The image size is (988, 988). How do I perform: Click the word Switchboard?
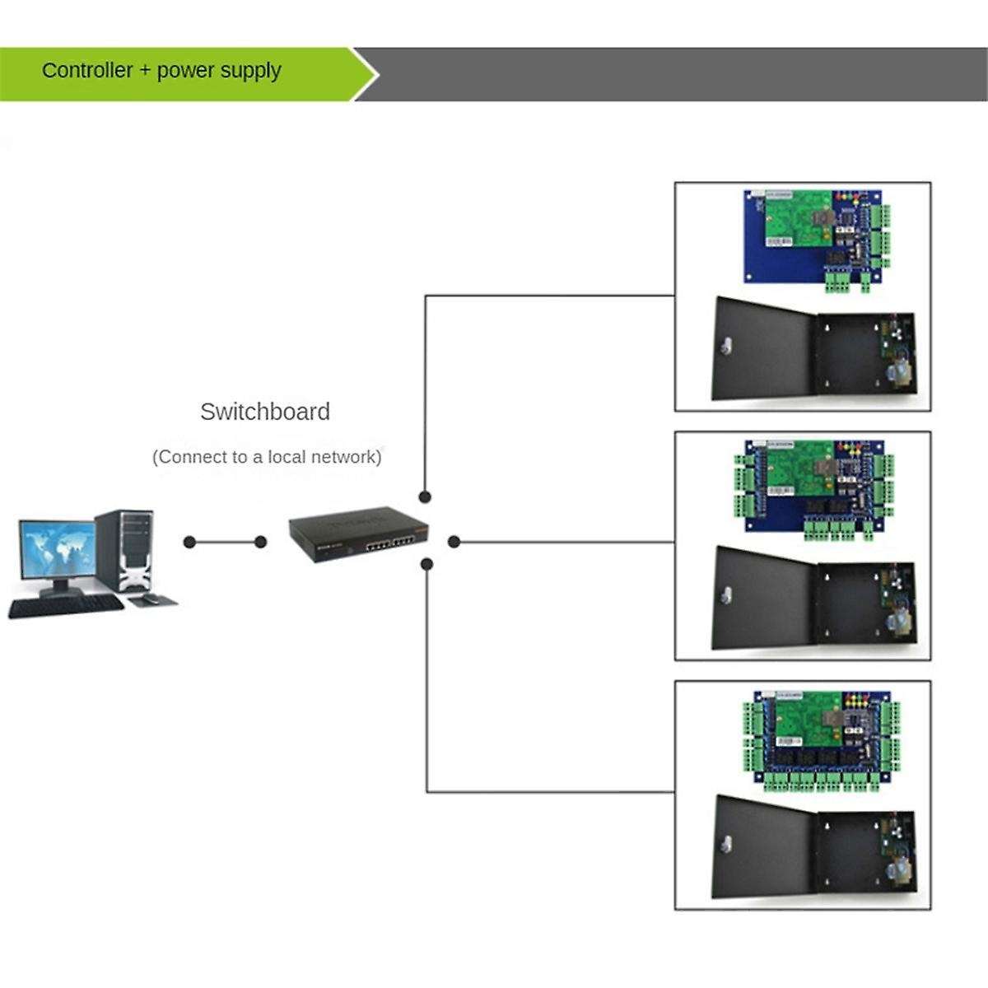click(x=265, y=412)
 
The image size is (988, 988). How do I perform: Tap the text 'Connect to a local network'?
click(x=267, y=457)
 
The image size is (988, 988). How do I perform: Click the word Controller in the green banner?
click(x=87, y=71)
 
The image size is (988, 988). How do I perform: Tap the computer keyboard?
click(x=66, y=607)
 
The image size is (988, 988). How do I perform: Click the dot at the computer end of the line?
click(x=190, y=542)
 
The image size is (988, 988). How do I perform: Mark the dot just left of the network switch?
click(x=261, y=542)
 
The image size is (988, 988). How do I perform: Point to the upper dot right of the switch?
click(x=425, y=497)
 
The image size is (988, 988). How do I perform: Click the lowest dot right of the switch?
click(x=426, y=564)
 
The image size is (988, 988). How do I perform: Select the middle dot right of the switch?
click(x=453, y=542)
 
